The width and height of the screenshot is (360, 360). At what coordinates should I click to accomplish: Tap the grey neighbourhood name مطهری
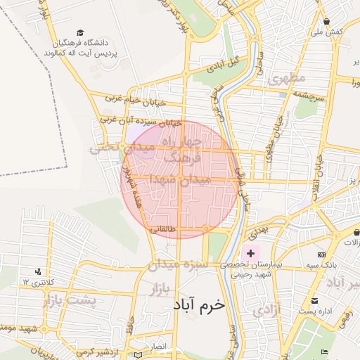pyautogui.click(x=283, y=79)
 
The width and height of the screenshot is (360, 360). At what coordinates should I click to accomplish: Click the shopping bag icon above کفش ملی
pyautogui.click(x=328, y=21)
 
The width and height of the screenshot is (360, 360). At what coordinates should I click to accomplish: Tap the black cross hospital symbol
pyautogui.click(x=250, y=252)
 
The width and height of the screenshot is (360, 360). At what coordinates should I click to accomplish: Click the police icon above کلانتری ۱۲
pyautogui.click(x=37, y=271)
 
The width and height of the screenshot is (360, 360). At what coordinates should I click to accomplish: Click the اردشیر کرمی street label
pyautogui.click(x=105, y=352)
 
